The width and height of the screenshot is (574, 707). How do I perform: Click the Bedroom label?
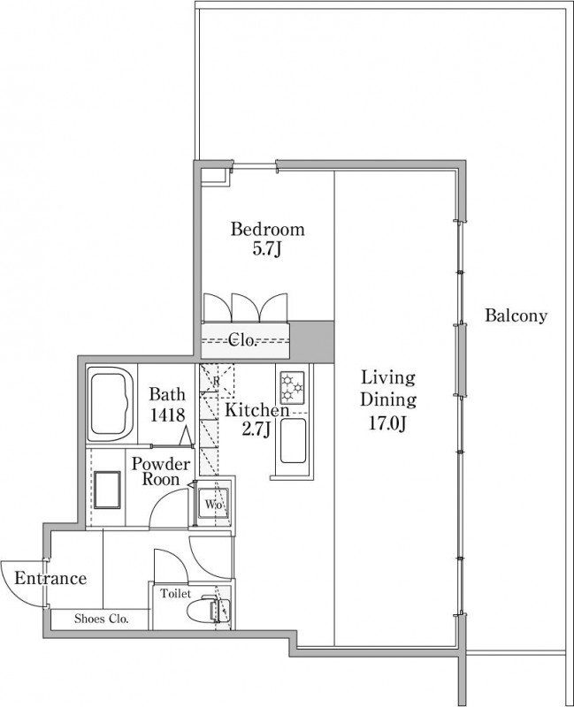pyautogui.click(x=268, y=229)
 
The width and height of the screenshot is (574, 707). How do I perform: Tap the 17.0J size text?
pyautogui.click(x=388, y=424)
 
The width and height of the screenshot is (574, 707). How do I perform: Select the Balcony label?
pyautogui.click(x=516, y=315)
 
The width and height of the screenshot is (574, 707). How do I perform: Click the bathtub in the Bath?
pyautogui.click(x=111, y=404)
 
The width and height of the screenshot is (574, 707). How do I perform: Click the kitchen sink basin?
pyautogui.click(x=293, y=441)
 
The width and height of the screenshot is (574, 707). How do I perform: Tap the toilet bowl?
pyautogui.click(x=202, y=609)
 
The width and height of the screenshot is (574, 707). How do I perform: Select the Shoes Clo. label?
pyautogui.click(x=102, y=619)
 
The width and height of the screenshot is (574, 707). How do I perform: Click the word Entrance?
pyautogui.click(x=50, y=578)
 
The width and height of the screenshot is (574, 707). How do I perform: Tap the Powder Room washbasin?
pyautogui.click(x=107, y=490)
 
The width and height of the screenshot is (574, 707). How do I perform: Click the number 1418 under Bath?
pyautogui.click(x=167, y=414)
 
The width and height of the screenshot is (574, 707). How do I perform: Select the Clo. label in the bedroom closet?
pyautogui.click(x=242, y=339)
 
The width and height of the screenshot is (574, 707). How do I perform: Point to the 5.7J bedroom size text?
pyautogui.click(x=267, y=249)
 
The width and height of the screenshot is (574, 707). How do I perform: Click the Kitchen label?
pyautogui.click(x=257, y=410)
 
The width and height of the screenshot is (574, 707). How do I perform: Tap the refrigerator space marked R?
pyautogui.click(x=217, y=381)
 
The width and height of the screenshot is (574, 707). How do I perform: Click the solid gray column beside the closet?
pyautogui.click(x=311, y=341)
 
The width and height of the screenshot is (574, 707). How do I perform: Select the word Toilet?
pyautogui.click(x=176, y=594)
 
